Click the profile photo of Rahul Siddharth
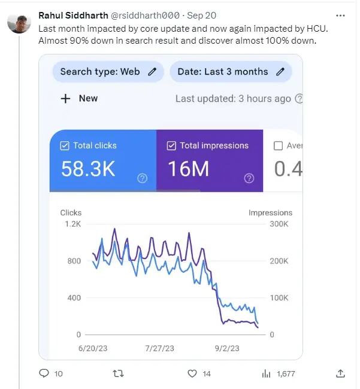point(19,23)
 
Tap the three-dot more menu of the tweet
point(340,16)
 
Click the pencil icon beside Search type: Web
point(152,72)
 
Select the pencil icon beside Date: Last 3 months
point(280,72)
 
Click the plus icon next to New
point(65,99)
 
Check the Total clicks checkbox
point(65,145)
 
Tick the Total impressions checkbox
point(171,145)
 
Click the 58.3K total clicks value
point(88,169)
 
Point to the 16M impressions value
point(189,169)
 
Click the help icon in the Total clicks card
point(142,178)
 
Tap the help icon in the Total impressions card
point(249,178)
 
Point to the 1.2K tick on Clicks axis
point(72,224)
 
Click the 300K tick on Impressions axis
point(279,224)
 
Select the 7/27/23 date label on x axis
point(160,348)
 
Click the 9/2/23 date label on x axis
point(227,348)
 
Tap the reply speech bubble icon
point(44,373)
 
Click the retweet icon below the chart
point(118,373)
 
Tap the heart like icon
point(192,373)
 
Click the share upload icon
point(340,373)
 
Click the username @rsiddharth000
point(145,16)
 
